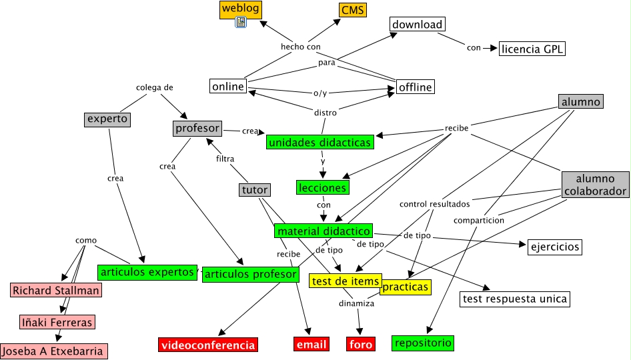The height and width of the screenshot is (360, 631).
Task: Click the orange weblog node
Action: [240, 9]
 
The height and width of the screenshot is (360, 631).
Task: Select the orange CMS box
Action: [352, 10]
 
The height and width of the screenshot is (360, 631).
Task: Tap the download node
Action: [417, 25]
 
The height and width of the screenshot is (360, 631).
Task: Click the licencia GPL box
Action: [532, 49]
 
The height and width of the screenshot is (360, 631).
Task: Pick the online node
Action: [227, 87]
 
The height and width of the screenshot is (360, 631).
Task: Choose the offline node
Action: [415, 87]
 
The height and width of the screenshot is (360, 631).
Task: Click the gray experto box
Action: [107, 119]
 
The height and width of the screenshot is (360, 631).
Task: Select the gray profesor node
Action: [197, 127]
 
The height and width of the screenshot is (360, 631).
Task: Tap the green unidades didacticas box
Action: [320, 142]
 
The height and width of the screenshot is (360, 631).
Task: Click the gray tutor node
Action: [255, 190]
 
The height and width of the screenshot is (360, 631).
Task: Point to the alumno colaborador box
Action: [595, 185]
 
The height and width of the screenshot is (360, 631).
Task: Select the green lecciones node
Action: [323, 187]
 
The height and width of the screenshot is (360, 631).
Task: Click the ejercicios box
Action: [554, 247]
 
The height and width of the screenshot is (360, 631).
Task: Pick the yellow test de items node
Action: [346, 281]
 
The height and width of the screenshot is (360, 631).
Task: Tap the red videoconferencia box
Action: [207, 345]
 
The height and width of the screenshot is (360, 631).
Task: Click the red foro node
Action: [361, 345]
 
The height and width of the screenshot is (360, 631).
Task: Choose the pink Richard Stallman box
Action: [56, 290]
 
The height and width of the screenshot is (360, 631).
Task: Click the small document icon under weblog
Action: [241, 23]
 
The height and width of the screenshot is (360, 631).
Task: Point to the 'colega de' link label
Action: [155, 87]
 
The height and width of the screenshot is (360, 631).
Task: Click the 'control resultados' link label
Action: [434, 203]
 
